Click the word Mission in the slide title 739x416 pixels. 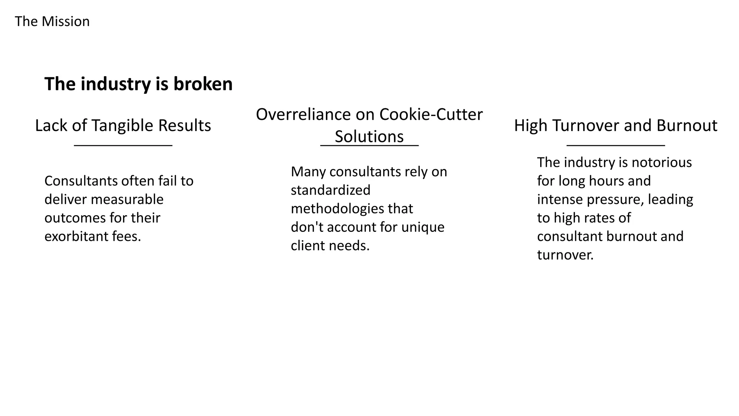(65, 22)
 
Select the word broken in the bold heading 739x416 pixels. (203, 84)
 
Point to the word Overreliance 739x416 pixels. (303, 114)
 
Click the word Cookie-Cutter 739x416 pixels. (431, 114)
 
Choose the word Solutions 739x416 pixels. (369, 136)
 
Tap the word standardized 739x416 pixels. (331, 190)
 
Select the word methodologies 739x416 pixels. (338, 209)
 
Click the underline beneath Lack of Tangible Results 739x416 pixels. (123, 146)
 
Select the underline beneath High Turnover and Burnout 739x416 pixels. (616, 146)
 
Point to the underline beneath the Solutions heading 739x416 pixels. (369, 146)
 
